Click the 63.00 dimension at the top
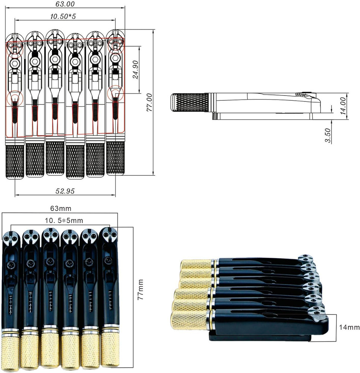click(x=65, y=4)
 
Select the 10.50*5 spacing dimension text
click(x=64, y=16)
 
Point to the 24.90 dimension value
click(x=136, y=70)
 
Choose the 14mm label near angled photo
click(x=349, y=327)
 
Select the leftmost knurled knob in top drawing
click(x=15, y=160)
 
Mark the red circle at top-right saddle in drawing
click(x=115, y=45)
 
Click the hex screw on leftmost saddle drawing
click(x=15, y=63)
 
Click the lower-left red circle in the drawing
click(x=15, y=98)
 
